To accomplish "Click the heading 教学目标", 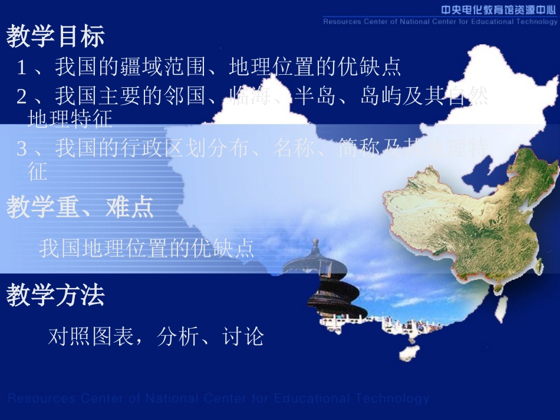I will click(x=55, y=37).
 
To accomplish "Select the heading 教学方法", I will click(x=55, y=296).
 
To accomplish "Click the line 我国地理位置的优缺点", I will click(x=147, y=249).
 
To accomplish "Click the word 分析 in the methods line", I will click(x=178, y=337).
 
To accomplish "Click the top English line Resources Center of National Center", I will click(x=440, y=22).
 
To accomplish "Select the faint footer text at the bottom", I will click(x=218, y=399).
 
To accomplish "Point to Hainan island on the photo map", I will click(x=409, y=352).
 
